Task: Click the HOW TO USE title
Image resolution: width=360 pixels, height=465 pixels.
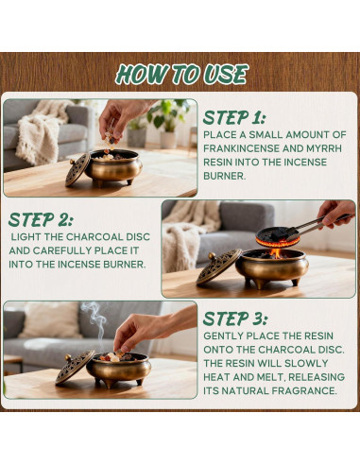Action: pos(181,75)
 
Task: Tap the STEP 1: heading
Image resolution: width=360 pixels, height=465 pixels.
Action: pos(234,118)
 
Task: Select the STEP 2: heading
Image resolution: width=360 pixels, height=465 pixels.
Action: pos(41,219)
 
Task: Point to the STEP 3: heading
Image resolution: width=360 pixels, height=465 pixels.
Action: pos(235,319)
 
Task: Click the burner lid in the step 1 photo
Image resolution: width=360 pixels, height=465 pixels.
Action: pos(77,169)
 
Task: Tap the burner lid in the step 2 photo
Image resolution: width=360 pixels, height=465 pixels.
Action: pos(218,267)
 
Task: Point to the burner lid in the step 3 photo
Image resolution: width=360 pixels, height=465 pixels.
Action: pos(75,367)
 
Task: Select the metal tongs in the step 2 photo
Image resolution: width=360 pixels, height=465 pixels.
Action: pos(318,226)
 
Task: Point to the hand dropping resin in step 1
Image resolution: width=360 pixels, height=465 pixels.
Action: pos(121,117)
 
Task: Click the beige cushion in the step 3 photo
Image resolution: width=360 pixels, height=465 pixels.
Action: pos(50,320)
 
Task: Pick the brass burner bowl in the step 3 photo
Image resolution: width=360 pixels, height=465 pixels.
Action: pos(119,370)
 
